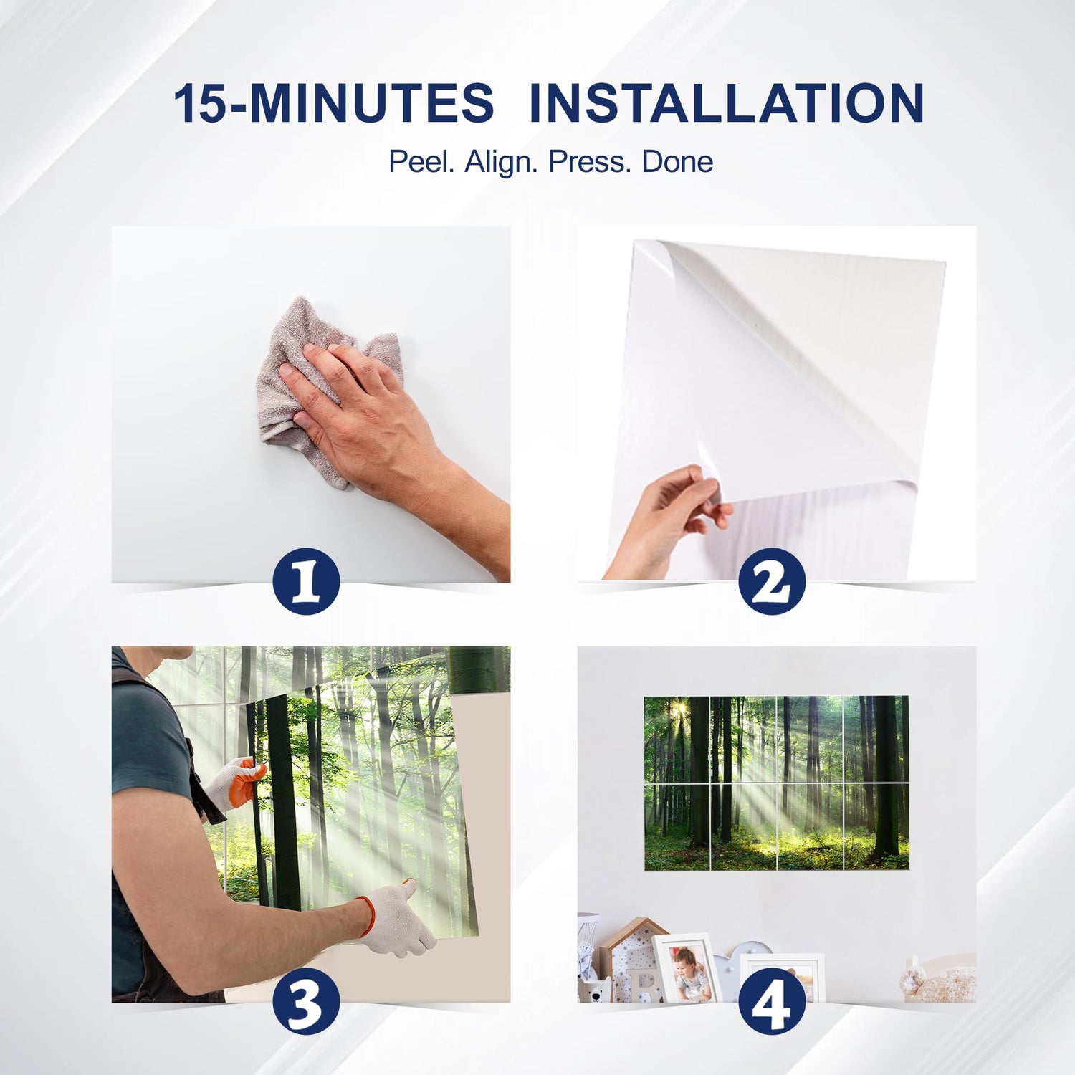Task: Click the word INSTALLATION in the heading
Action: coord(726,103)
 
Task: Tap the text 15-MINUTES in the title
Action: coord(334,103)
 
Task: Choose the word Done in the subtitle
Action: coord(677,162)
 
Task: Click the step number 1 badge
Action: coord(307,580)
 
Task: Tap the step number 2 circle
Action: coord(773,580)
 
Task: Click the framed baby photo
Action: coord(687,967)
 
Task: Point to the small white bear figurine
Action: coord(594,988)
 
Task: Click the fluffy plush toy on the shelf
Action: coord(937,979)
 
